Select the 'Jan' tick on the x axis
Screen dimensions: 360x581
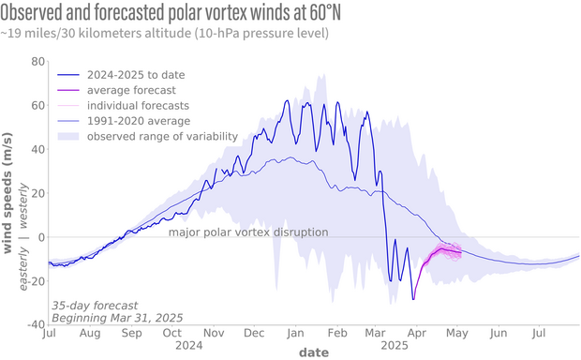(294, 333)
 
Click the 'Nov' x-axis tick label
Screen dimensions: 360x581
(214, 333)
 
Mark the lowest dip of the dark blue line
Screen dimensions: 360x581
(413, 299)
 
